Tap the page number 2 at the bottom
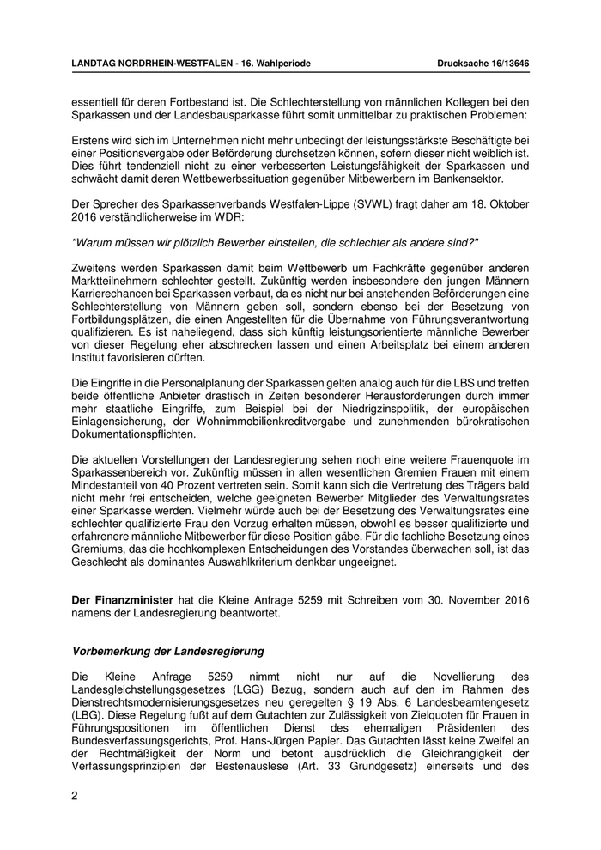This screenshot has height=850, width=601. click(x=75, y=796)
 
